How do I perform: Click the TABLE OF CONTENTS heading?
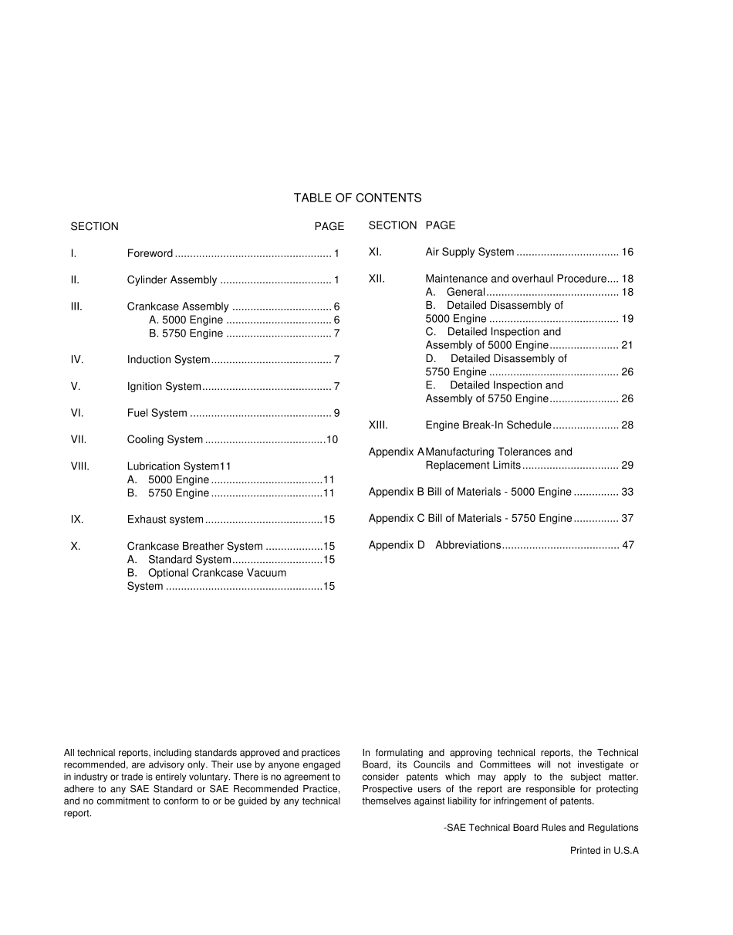357,198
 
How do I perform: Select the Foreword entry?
150,253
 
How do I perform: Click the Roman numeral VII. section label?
79,439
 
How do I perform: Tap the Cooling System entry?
165,439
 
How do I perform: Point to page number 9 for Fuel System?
336,413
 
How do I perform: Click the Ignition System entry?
164,386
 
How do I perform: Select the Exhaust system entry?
165,520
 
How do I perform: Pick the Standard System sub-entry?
189,559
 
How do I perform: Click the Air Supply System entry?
470,252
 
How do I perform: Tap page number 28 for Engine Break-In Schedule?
627,425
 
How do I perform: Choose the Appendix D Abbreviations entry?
468,544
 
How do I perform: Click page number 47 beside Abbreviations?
627,544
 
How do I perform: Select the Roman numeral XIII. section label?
378,425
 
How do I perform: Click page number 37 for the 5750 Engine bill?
627,518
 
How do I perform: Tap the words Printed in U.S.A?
604,850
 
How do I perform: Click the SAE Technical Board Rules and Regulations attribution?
541,827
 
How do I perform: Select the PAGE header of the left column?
329,226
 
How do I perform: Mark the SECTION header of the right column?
392,225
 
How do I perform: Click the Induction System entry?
168,360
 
